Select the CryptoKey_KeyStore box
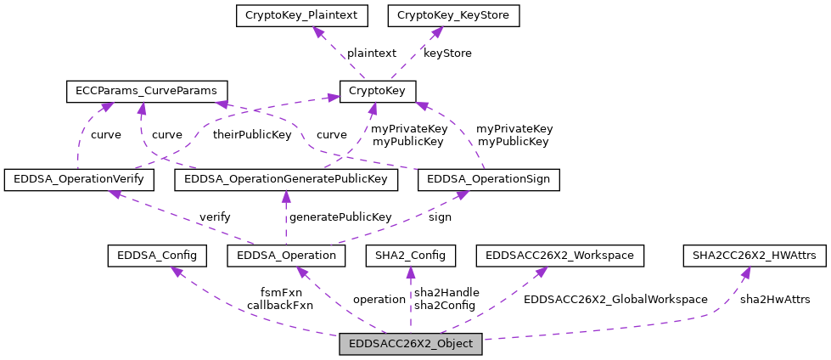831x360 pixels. [x=454, y=15]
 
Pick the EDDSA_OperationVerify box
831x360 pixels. [x=79, y=179]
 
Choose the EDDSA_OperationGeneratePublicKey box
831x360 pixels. [x=286, y=179]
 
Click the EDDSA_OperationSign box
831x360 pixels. [x=489, y=179]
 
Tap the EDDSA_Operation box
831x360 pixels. [x=286, y=255]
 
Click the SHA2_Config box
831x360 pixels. [x=410, y=255]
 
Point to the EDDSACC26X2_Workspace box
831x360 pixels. [x=560, y=255]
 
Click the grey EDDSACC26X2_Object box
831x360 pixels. [x=411, y=345]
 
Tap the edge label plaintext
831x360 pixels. [x=371, y=53]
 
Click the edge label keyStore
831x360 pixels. [x=446, y=53]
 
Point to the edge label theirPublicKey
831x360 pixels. [x=251, y=134]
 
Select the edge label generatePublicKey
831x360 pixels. [x=340, y=217]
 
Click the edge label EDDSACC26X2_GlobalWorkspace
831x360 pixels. [x=615, y=299]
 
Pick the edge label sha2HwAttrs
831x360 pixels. [x=774, y=299]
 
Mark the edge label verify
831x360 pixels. [x=215, y=217]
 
